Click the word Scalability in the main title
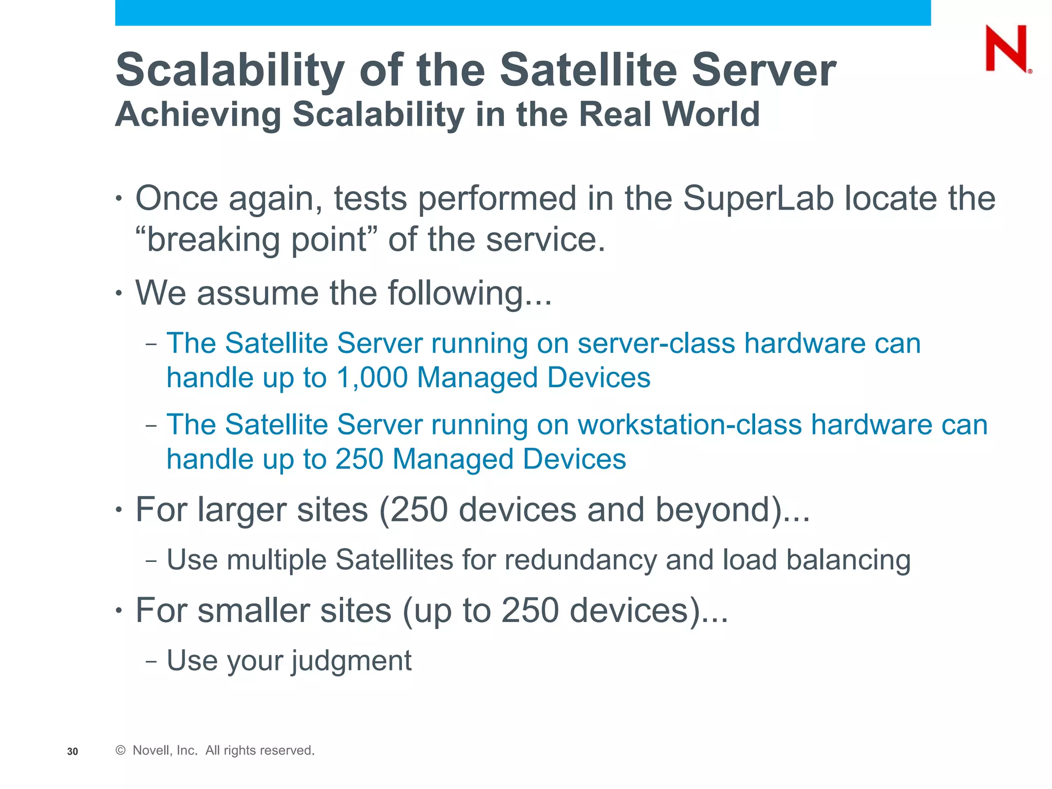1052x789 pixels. [x=230, y=70]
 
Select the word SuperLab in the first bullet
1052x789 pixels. [x=758, y=199]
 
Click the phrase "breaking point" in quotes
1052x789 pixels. [x=256, y=239]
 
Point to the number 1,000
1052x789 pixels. [x=372, y=378]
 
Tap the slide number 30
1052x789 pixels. [x=72, y=752]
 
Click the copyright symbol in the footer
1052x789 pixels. [x=121, y=750]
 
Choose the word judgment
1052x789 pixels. [x=352, y=661]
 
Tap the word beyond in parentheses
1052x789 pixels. [x=714, y=510]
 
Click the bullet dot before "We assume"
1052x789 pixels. [x=119, y=294]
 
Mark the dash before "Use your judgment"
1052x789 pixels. [x=151, y=661]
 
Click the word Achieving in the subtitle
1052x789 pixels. [x=198, y=114]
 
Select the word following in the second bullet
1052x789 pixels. [x=456, y=293]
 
